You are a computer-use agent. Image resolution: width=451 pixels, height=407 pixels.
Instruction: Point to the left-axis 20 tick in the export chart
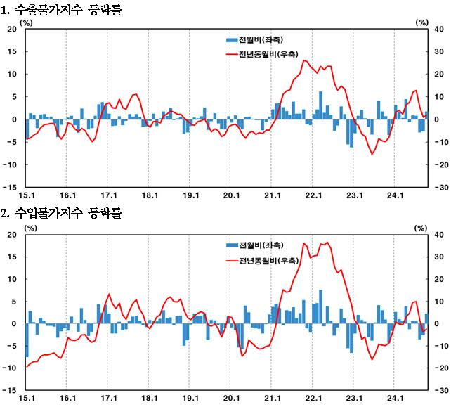click(x=11, y=29)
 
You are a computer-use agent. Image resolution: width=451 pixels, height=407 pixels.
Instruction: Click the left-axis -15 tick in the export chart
click(x=10, y=188)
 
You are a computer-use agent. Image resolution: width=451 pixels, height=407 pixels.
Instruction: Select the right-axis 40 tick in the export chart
click(x=438, y=29)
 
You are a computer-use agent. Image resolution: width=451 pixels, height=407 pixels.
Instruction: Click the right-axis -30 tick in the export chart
click(x=440, y=188)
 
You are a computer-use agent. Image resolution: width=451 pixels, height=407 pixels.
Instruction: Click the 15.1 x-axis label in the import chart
click(x=25, y=399)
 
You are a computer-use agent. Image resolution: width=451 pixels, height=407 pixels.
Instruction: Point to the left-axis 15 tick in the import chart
click(x=11, y=257)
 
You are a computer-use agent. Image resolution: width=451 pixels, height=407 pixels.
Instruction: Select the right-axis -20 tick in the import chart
click(x=440, y=368)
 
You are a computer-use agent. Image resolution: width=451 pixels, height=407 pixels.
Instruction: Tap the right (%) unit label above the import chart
click(x=421, y=227)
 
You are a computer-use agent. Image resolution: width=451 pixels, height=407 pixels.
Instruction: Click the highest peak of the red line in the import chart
click(x=327, y=243)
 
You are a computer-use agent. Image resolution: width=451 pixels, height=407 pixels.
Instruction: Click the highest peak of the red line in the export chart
click(x=304, y=60)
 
